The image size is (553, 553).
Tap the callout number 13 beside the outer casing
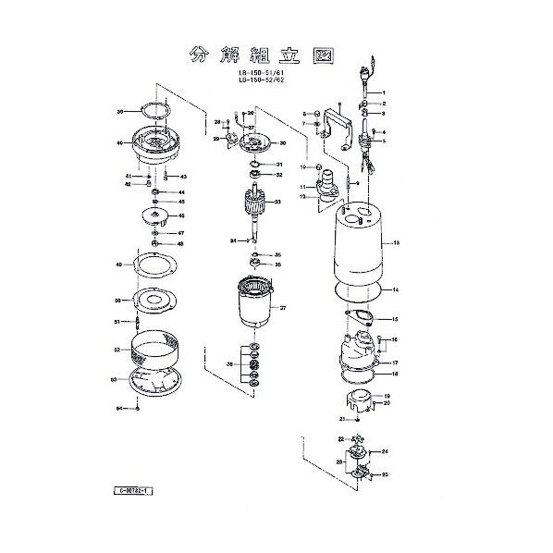(395, 244)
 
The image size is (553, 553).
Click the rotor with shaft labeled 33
(254, 206)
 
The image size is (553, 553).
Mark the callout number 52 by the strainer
(117, 350)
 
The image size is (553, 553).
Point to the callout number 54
(118, 408)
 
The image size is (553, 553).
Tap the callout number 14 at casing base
(395, 291)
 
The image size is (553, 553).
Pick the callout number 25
(385, 475)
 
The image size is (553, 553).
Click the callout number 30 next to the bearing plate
(282, 144)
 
